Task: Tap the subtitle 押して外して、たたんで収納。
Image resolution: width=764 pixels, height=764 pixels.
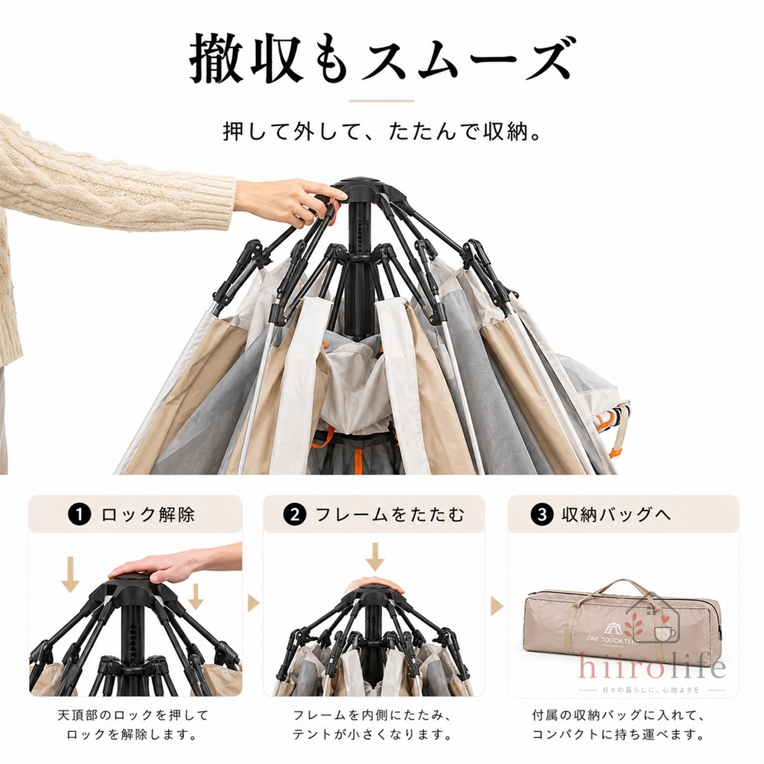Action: (382, 131)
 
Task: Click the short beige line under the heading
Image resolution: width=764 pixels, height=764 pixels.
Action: (381, 101)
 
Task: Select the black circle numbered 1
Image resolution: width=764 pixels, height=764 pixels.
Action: (80, 515)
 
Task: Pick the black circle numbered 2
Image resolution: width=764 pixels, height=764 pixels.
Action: (294, 515)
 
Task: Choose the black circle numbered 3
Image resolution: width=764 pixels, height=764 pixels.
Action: (542, 515)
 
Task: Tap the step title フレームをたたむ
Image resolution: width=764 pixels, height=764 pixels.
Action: (390, 515)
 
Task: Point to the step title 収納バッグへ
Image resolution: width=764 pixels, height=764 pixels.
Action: (617, 515)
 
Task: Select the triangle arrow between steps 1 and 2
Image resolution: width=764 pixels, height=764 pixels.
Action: (253, 604)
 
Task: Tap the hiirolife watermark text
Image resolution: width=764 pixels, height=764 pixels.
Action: (652, 667)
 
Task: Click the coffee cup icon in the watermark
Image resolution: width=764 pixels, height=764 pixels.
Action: (664, 633)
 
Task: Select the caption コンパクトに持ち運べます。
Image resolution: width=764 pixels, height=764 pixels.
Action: (618, 734)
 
